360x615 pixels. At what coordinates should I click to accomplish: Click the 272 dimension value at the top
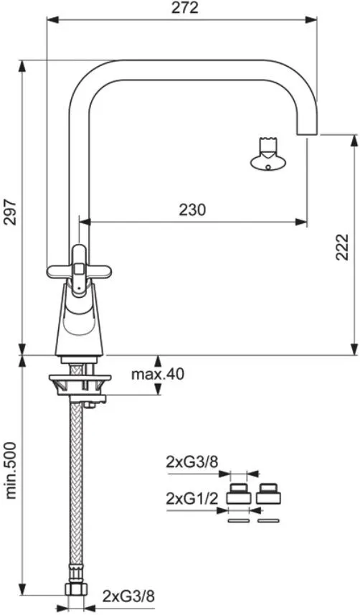click(x=185, y=8)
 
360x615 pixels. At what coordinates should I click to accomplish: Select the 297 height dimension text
click(x=11, y=212)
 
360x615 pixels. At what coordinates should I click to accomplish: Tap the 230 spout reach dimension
click(x=192, y=210)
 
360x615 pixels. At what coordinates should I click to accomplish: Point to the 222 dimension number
click(x=342, y=247)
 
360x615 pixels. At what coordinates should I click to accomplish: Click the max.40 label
click(x=158, y=374)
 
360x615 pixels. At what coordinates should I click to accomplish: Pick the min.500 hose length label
click(x=11, y=470)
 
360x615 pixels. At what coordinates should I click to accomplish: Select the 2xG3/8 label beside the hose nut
click(x=128, y=596)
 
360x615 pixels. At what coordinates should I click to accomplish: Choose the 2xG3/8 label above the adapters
click(x=191, y=462)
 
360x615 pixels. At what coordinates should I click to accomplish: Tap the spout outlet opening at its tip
click(x=307, y=134)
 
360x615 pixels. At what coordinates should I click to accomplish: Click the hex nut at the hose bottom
click(x=77, y=589)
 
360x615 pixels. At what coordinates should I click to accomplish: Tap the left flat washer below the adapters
click(x=238, y=521)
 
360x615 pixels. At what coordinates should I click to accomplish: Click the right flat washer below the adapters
click(x=269, y=521)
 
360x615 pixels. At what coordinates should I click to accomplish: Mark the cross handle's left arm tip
click(x=48, y=271)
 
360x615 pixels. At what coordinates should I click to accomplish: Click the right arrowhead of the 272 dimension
click(x=311, y=19)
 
